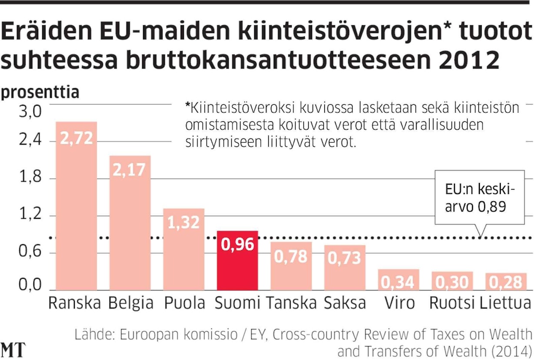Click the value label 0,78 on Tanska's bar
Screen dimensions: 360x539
[x=290, y=257]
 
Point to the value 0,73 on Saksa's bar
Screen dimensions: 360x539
[x=344, y=258]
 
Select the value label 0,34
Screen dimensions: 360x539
[x=398, y=283]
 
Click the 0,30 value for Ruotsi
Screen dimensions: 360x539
[x=452, y=283]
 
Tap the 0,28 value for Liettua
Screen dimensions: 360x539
[x=506, y=283]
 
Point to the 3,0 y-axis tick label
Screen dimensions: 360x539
[x=30, y=112]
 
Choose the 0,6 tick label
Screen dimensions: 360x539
[x=30, y=253]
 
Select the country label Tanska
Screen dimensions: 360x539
[x=291, y=303]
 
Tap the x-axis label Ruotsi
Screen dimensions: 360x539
[x=452, y=303]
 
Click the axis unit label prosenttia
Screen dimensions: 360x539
[x=40, y=93]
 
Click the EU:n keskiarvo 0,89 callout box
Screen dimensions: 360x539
[x=480, y=198]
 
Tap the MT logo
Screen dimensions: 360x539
[x=13, y=350]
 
